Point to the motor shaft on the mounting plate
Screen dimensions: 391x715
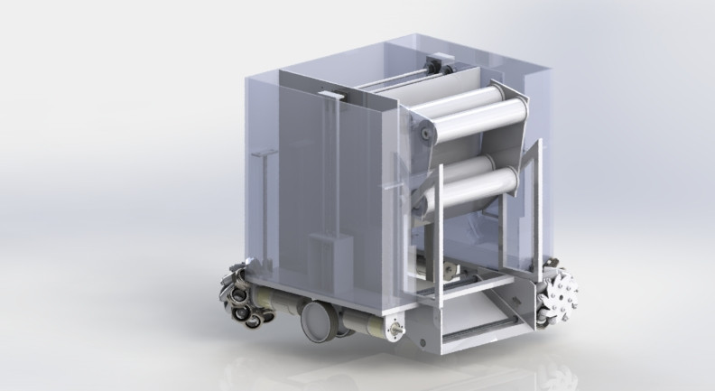pos(395,330)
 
